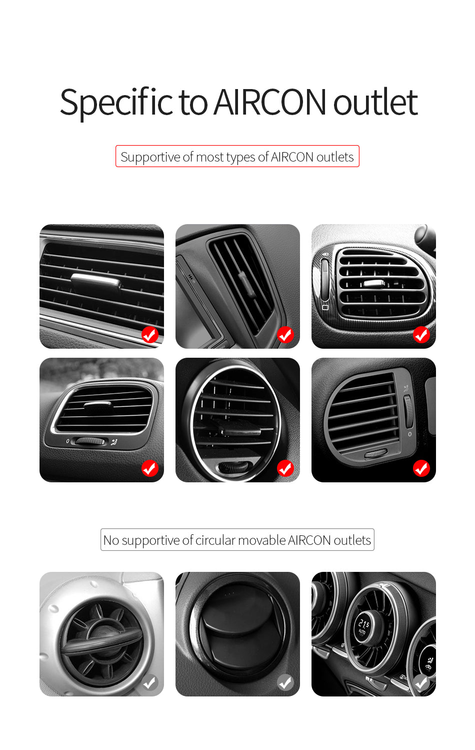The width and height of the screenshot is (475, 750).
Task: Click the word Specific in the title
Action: click(x=116, y=103)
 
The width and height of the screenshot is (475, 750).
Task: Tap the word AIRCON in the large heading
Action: click(x=270, y=103)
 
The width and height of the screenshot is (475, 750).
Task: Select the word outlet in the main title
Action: click(x=375, y=103)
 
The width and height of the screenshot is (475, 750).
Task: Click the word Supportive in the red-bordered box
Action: click(x=150, y=157)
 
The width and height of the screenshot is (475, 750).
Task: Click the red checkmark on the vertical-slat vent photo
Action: click(x=285, y=334)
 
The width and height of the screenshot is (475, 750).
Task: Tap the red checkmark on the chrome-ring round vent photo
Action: click(x=285, y=468)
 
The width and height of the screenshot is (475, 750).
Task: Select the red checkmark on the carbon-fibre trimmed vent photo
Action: click(x=421, y=334)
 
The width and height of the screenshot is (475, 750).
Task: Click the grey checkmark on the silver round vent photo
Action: click(x=149, y=682)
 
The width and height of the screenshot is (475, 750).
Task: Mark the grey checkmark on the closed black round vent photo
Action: click(x=285, y=682)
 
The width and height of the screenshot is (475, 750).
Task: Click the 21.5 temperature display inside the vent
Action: click(x=363, y=624)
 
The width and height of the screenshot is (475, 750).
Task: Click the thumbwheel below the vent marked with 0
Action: click(x=90, y=441)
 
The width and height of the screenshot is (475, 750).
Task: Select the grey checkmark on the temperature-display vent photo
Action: click(x=421, y=682)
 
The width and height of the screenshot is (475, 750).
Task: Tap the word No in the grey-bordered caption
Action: click(x=111, y=540)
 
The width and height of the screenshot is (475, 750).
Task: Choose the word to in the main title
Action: click(x=193, y=103)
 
